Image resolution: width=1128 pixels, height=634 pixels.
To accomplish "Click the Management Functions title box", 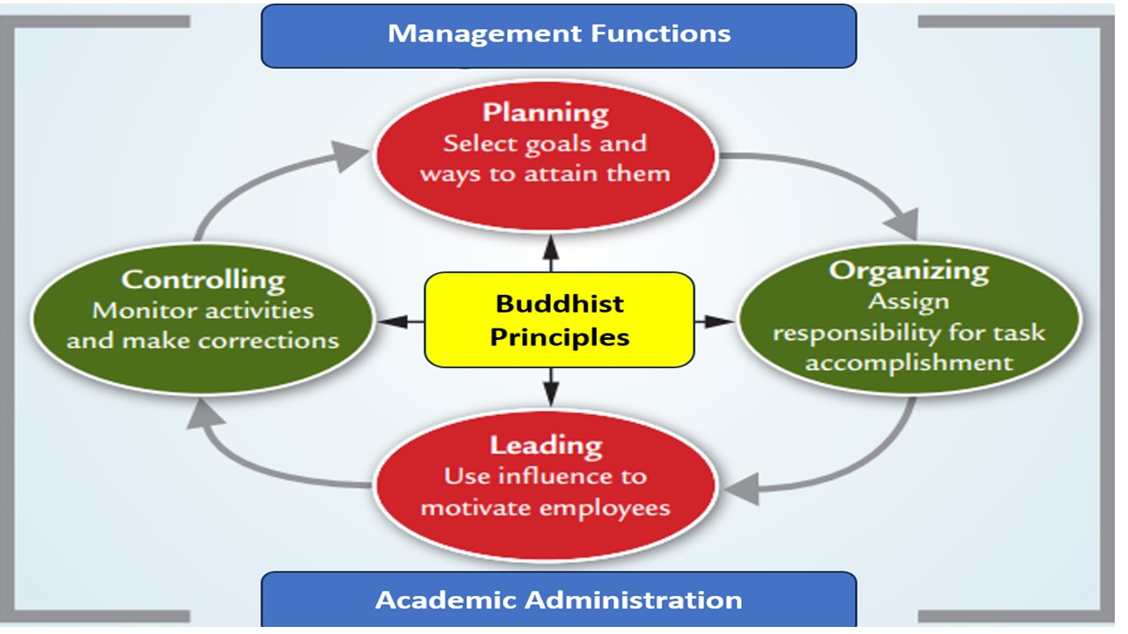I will click(x=559, y=35).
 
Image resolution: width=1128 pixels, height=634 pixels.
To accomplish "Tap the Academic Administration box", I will click(x=559, y=601).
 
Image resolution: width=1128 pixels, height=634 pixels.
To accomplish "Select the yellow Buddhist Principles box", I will click(x=559, y=319).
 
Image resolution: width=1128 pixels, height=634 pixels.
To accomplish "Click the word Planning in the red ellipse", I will click(x=545, y=113).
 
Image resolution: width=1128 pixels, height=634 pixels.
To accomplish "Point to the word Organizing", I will click(x=909, y=269).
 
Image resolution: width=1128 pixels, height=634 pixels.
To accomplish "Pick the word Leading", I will click(x=545, y=445).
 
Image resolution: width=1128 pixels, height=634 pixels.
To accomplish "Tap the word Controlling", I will click(x=203, y=280).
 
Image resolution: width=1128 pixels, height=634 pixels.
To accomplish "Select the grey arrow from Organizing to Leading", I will click(x=846, y=471).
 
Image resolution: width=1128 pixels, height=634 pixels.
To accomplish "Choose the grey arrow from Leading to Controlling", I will click(x=256, y=458).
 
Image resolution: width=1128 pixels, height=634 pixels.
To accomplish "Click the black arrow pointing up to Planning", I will click(x=551, y=253).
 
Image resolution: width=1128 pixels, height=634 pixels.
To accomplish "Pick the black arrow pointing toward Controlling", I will click(x=401, y=322).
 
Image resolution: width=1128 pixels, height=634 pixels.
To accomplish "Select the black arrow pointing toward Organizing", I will click(x=715, y=322).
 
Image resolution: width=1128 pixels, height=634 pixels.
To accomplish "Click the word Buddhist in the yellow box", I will click(x=560, y=304).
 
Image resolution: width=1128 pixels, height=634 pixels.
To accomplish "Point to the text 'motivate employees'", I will click(x=545, y=508).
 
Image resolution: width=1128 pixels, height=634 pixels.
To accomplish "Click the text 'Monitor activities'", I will click(x=203, y=311).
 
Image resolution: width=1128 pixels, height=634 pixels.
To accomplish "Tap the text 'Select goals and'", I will click(x=545, y=144).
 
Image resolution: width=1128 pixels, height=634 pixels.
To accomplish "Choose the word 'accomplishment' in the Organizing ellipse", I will click(x=909, y=363).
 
